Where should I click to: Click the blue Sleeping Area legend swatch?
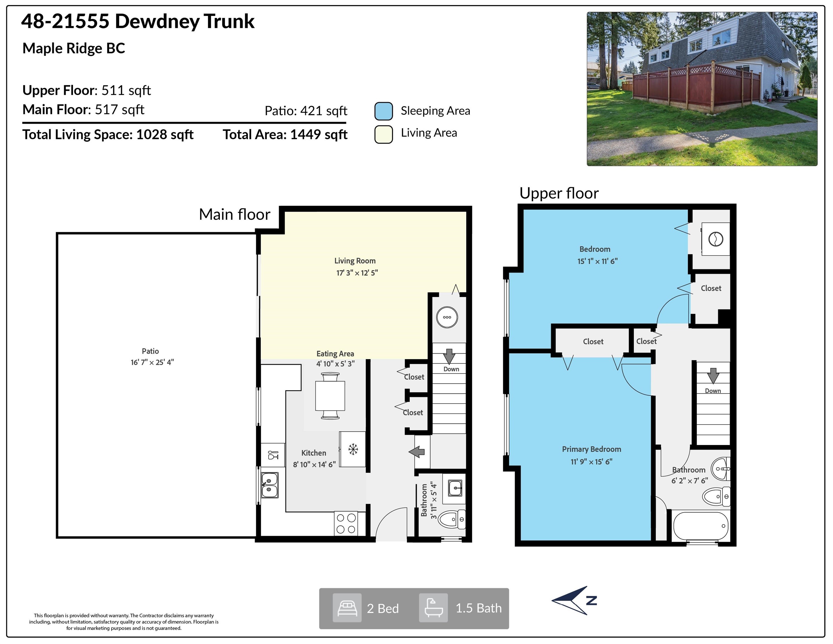[383, 111]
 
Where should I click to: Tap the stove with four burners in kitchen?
[346, 524]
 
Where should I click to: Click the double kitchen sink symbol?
[269, 485]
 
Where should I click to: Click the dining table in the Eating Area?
[330, 396]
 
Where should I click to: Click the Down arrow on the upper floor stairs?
[713, 376]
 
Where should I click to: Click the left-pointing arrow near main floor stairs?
[417, 452]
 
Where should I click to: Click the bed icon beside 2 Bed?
[347, 608]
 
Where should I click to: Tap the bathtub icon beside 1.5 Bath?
[433, 608]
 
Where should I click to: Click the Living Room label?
[355, 261]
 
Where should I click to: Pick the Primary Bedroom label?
[591, 449]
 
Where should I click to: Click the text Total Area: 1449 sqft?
[285, 135]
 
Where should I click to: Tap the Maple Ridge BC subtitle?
[73, 48]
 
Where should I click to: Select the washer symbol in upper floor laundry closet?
[716, 239]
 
